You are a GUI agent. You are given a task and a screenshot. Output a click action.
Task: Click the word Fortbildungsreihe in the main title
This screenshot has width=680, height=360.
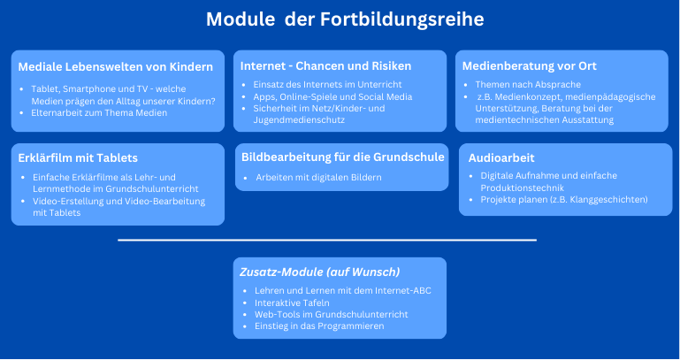[x=402, y=20]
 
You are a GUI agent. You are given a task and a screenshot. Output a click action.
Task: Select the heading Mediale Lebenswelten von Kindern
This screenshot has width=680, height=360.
[x=115, y=67]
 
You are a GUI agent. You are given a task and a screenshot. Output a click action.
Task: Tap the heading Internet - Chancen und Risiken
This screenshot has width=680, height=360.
[x=325, y=66]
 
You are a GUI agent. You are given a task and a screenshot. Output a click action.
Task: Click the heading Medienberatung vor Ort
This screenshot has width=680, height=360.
[x=529, y=66]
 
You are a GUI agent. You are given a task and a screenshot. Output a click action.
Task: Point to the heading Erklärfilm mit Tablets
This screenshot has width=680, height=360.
[x=78, y=157]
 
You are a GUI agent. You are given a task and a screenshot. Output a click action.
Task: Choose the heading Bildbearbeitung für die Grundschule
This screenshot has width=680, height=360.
[x=343, y=157]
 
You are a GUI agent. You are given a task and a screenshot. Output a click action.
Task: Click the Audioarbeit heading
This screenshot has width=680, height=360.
[x=501, y=157]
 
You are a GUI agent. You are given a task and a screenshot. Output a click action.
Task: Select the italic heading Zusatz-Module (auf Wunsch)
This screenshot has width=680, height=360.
[x=319, y=272]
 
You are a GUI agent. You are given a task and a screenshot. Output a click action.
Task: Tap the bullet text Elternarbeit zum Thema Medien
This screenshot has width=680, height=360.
[x=99, y=112]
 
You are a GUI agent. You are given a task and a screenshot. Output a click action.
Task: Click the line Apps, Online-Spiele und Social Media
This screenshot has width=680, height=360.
[x=332, y=96]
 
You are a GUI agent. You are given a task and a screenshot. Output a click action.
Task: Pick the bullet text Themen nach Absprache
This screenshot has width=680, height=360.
[x=528, y=85]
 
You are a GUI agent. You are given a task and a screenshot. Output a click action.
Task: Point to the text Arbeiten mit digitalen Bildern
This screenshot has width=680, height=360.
[x=318, y=178]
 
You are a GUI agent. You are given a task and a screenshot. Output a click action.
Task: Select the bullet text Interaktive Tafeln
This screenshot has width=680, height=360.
[x=292, y=303]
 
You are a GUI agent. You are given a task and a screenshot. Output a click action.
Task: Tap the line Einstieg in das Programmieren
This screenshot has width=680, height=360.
[x=319, y=326]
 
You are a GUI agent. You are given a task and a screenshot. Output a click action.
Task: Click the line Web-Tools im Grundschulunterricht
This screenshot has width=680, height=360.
[x=332, y=315]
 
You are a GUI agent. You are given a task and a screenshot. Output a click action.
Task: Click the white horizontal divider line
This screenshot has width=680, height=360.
[x=327, y=240]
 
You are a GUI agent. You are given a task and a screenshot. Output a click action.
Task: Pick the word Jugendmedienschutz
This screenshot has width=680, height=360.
[x=299, y=120]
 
